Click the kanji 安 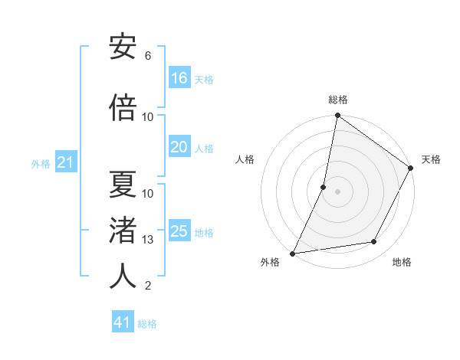[123, 47]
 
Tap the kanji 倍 [123, 107]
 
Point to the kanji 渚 [123, 231]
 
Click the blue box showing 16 [179, 78]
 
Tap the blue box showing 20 [179, 147]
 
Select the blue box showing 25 [179, 231]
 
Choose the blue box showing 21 [65, 162]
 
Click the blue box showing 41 [123, 322]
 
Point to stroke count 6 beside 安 [148, 56]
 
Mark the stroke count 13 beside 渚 [148, 240]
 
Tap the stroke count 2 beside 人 [148, 286]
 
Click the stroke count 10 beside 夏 [148, 193]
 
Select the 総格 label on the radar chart [337, 100]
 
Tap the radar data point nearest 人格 [324, 187]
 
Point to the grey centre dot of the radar [337, 191]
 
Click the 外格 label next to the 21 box [41, 163]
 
